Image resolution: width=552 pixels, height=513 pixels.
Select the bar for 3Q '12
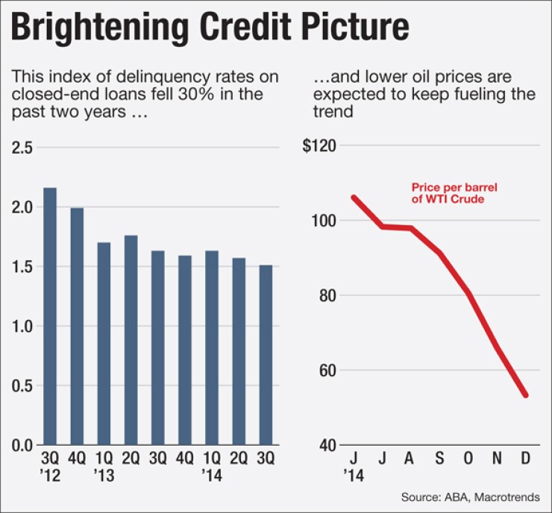50,316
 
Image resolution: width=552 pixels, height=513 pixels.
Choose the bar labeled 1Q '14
211,347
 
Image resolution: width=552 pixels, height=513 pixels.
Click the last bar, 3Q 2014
265,355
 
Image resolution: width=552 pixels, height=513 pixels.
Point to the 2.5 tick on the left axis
22,148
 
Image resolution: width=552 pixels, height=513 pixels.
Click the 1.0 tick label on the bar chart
22,327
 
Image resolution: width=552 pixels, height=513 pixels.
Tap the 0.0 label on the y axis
22,446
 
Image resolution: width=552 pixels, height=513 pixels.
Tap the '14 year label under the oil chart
354,473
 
